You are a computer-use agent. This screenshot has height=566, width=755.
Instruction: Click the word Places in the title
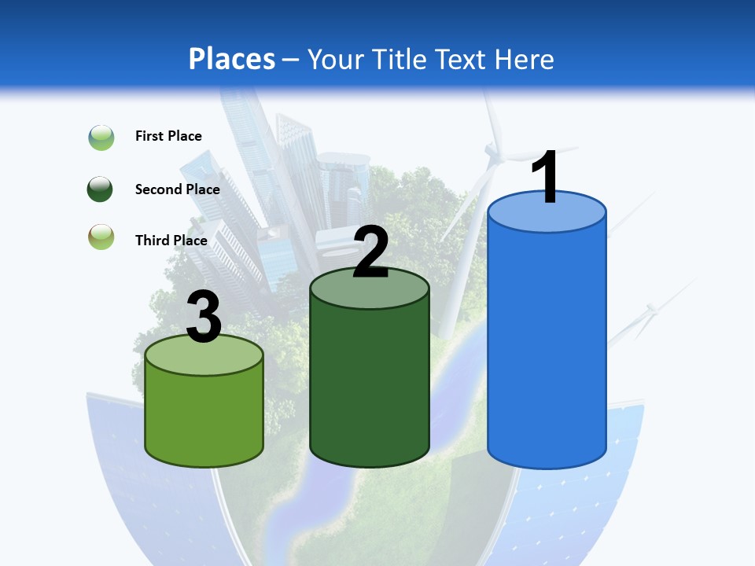232,59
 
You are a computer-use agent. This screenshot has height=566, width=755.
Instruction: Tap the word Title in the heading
398,59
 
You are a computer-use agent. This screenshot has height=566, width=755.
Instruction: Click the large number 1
545,177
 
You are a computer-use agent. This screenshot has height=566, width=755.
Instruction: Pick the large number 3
204,317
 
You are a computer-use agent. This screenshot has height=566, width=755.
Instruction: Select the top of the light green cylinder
204,355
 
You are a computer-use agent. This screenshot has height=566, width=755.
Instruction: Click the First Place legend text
168,136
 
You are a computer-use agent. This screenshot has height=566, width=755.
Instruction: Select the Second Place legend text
177,189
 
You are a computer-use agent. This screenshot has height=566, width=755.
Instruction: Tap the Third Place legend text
171,241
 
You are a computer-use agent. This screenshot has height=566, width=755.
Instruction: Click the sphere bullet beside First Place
101,138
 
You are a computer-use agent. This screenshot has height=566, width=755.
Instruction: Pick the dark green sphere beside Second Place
101,189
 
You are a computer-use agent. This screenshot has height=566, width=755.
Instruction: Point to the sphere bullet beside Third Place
101,237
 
